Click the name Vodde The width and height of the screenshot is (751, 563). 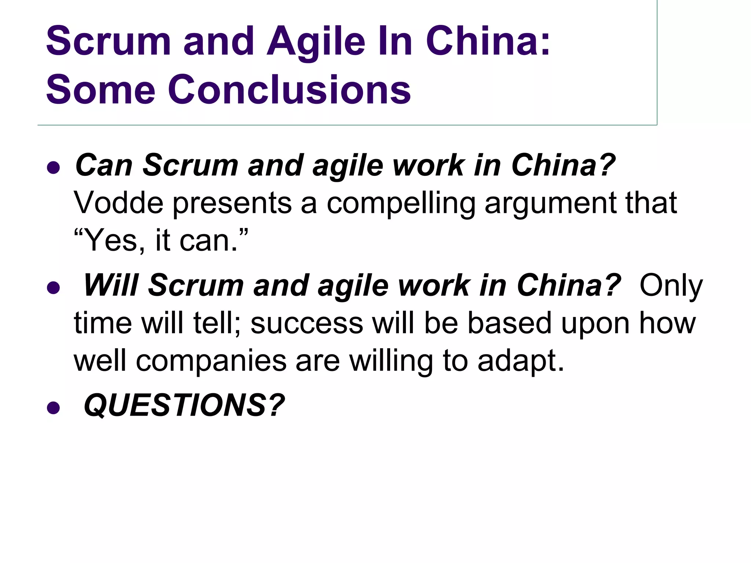click(x=118, y=203)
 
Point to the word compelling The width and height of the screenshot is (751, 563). click(x=401, y=204)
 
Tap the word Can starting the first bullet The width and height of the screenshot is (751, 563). click(x=104, y=166)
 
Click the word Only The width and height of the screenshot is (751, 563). click(x=671, y=286)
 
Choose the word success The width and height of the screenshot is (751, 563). click(x=307, y=324)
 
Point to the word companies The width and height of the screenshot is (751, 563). click(x=211, y=361)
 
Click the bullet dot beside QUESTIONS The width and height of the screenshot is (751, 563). click(x=54, y=408)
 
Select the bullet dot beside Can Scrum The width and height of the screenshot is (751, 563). click(x=54, y=168)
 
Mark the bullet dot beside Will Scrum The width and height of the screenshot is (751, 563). click(x=54, y=288)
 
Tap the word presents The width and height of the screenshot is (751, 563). click(x=232, y=204)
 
